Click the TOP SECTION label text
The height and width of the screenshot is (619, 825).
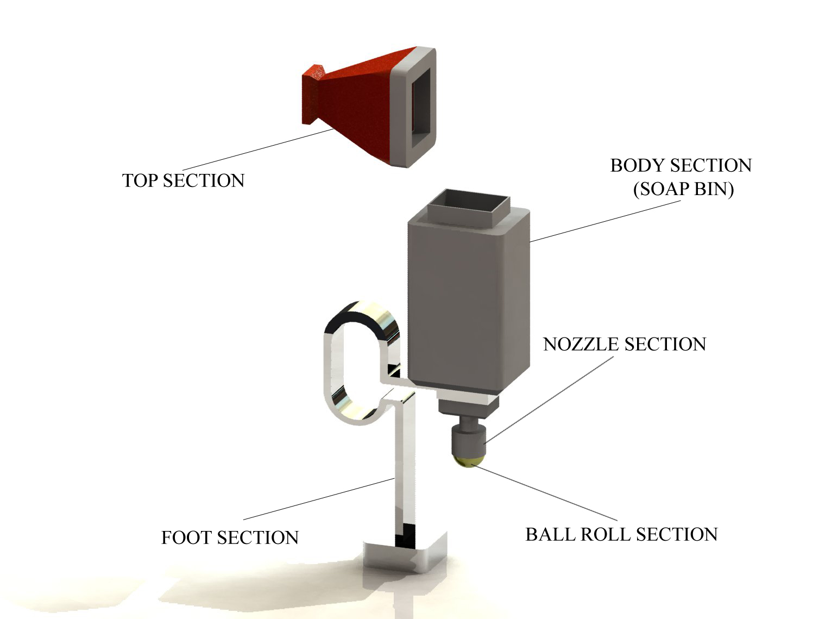tap(183, 180)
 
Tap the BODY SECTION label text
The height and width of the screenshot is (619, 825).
tap(681, 165)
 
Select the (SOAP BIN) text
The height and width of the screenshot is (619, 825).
tap(684, 189)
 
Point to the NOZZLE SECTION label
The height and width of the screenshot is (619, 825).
tap(625, 344)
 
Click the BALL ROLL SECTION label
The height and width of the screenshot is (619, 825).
tap(622, 534)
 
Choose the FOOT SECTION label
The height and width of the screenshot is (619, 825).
tap(230, 537)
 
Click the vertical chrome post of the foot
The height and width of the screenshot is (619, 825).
tap(405, 470)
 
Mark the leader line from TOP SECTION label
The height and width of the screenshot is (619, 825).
tap(257, 149)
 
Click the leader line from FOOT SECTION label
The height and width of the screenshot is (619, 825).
tap(319, 499)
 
